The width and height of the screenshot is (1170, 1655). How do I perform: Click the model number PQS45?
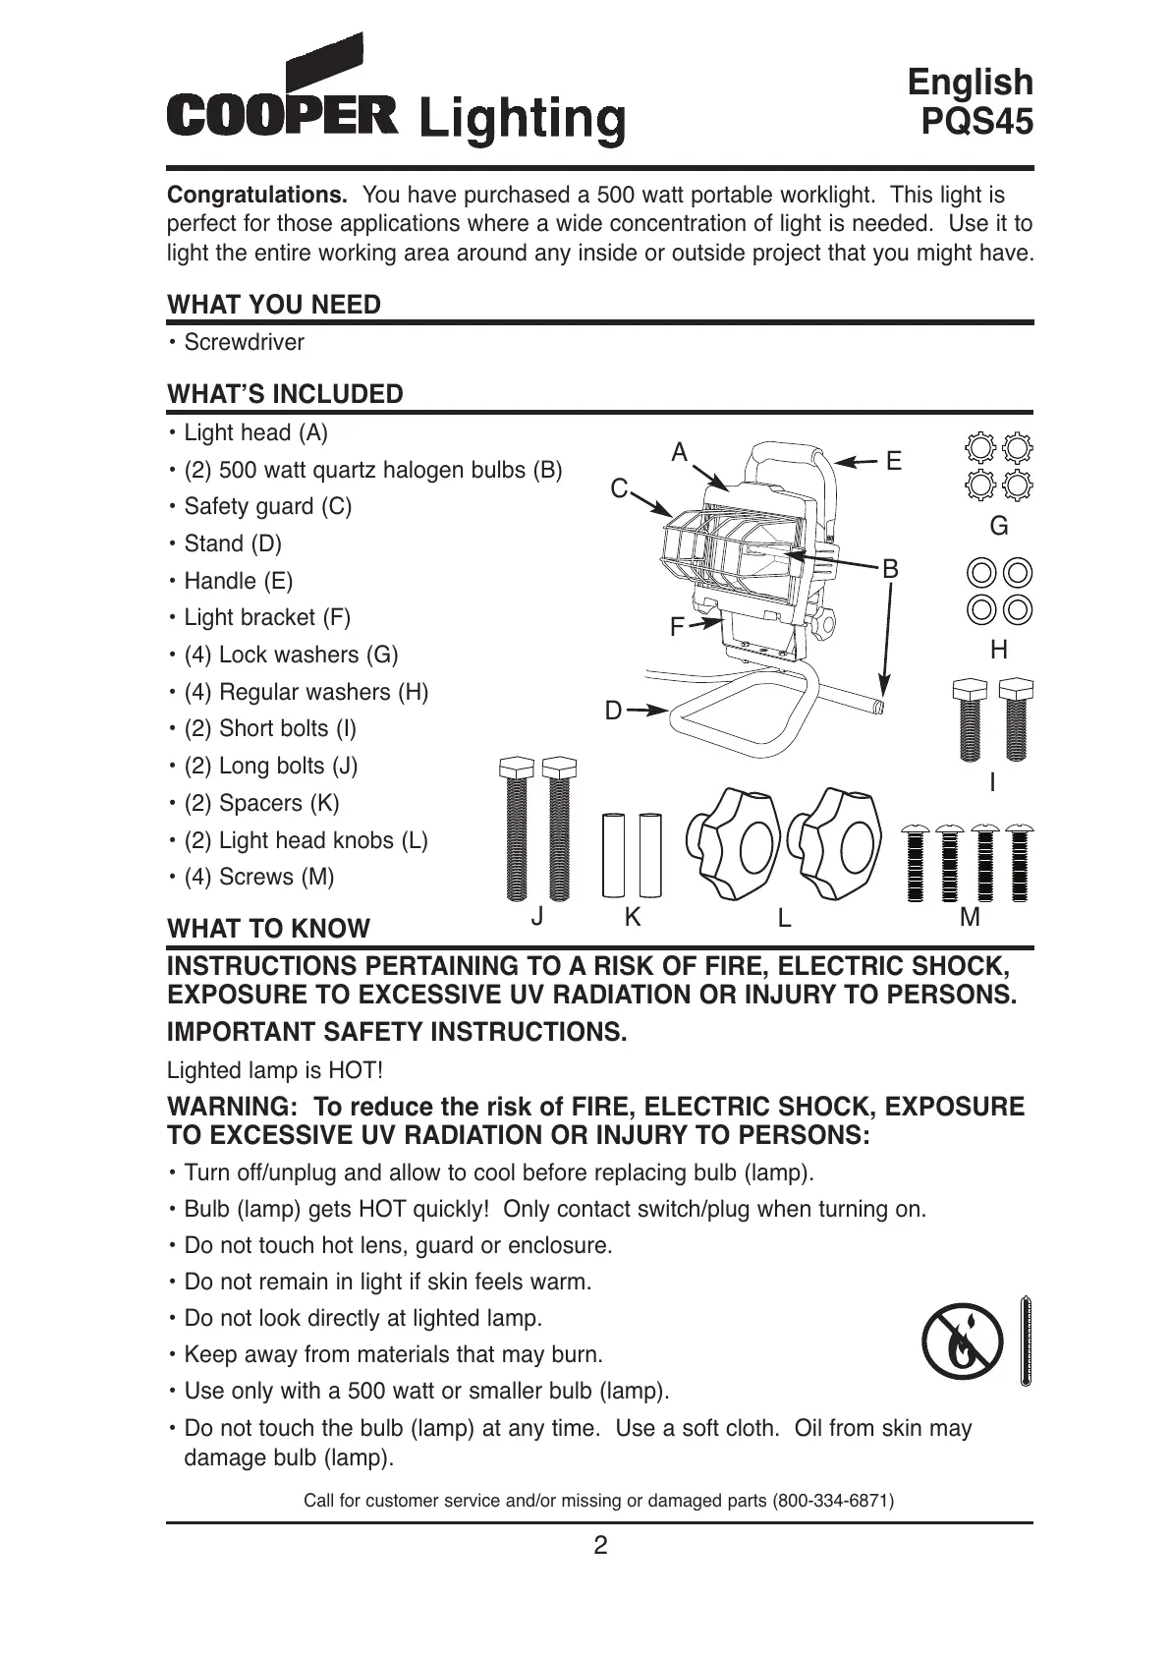click(976, 122)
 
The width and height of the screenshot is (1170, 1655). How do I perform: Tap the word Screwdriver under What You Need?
click(244, 343)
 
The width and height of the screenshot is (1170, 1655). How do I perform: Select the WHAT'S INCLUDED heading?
click(285, 394)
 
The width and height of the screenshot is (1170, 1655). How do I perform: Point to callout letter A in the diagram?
click(680, 453)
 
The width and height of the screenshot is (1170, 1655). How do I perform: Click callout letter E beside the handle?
click(893, 461)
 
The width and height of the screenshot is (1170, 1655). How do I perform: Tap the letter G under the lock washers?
click(999, 527)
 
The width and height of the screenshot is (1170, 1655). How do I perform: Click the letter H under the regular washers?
click(999, 650)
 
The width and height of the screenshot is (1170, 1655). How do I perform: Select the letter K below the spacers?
click(633, 917)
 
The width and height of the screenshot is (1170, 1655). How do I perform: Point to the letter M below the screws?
click(970, 917)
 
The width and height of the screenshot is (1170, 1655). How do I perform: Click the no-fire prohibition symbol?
click(963, 1341)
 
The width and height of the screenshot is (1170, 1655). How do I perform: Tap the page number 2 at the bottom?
click(600, 1545)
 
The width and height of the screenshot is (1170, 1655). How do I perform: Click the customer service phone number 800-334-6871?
click(833, 1501)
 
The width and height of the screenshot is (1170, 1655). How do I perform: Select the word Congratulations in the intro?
click(257, 195)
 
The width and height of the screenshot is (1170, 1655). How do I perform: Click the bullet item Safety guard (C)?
click(267, 506)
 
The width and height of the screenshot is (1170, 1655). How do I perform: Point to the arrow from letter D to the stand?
click(647, 710)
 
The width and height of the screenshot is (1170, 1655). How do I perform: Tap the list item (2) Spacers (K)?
click(261, 803)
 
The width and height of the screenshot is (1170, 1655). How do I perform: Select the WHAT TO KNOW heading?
click(268, 929)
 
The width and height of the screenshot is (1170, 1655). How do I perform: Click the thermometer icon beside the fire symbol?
click(1025, 1340)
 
